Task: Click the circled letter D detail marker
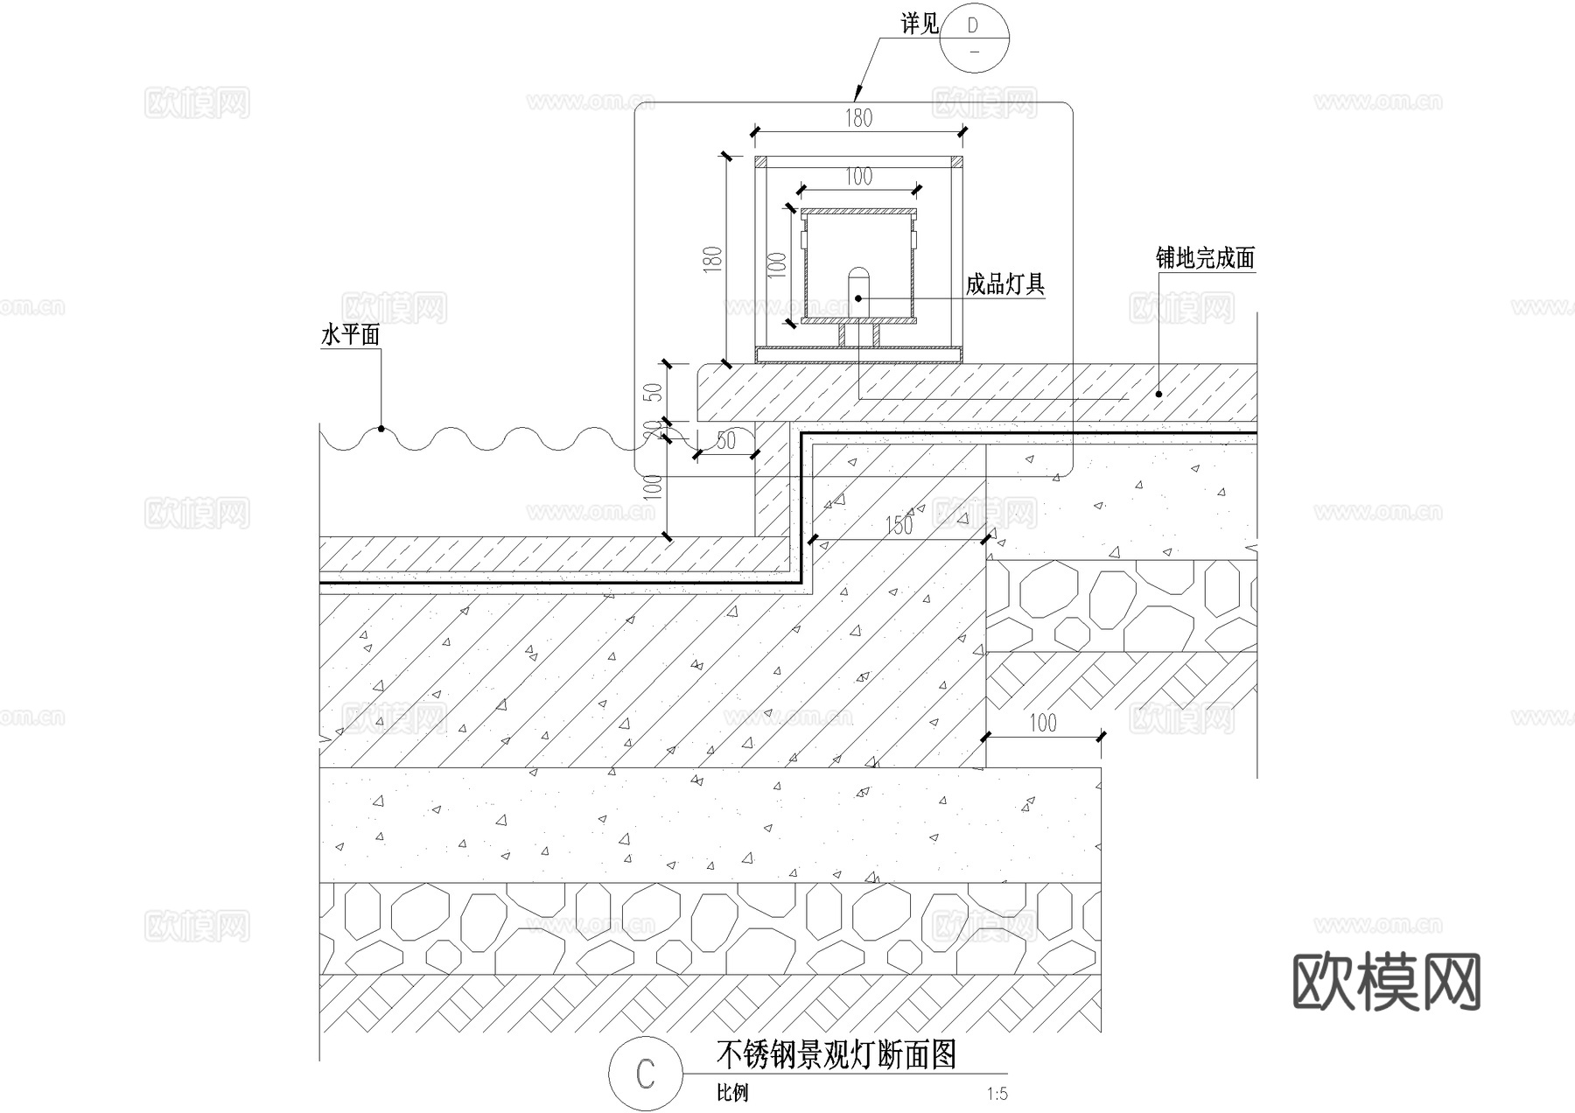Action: pyautogui.click(x=974, y=38)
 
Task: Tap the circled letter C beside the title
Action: pyautogui.click(x=645, y=1074)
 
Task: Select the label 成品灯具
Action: pyautogui.click(x=1004, y=283)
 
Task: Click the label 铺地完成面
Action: pyautogui.click(x=1204, y=258)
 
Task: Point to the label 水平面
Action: pyautogui.click(x=351, y=334)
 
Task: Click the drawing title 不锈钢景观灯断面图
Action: pyautogui.click(x=836, y=1054)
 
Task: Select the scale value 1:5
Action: pyautogui.click(x=997, y=1094)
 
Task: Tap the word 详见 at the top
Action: pyautogui.click(x=920, y=24)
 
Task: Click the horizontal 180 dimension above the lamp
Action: pyautogui.click(x=858, y=118)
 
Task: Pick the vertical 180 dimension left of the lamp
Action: pyautogui.click(x=712, y=260)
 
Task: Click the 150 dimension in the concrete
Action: pyautogui.click(x=899, y=525)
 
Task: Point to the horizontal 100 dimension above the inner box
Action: pyautogui.click(x=858, y=177)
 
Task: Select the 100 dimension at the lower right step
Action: pyautogui.click(x=1042, y=723)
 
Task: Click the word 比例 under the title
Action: pyautogui.click(x=732, y=1094)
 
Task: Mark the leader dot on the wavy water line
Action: pyautogui.click(x=381, y=429)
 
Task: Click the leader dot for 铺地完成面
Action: pyautogui.click(x=1158, y=394)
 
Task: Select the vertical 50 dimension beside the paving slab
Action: pyautogui.click(x=653, y=391)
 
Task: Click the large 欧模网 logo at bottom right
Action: pyautogui.click(x=1386, y=982)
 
